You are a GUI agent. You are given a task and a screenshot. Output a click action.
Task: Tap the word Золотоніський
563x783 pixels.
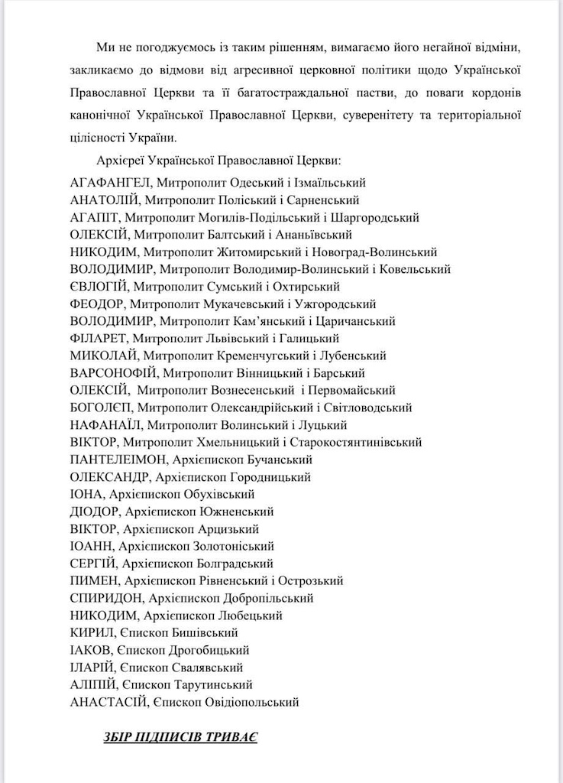pyautogui.click(x=234, y=546)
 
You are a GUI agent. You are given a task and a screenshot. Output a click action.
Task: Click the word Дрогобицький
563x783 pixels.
pyautogui.click(x=209, y=650)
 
